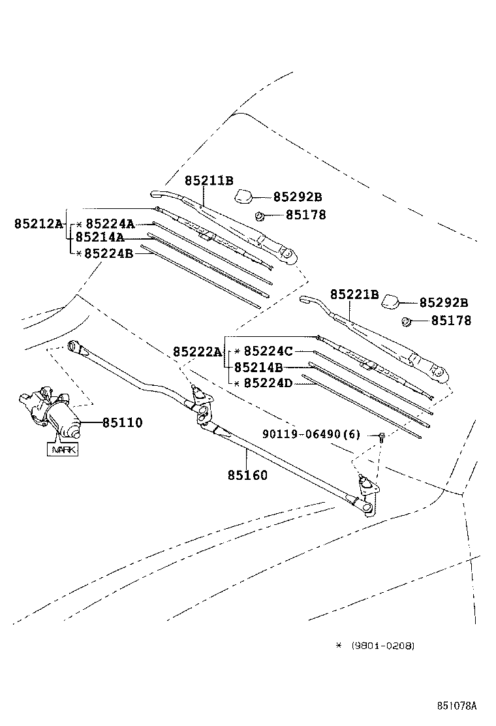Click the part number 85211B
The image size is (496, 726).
pos(208,181)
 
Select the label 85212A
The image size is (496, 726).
pos(38,224)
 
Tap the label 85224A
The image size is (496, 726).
pos(110,224)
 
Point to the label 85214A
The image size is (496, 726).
pos(100,238)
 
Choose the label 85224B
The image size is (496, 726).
pos(109,253)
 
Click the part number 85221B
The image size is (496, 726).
pos(354,294)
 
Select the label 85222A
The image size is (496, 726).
pos(197,352)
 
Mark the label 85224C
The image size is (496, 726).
pos(268,351)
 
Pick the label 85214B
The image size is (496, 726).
pos(258,368)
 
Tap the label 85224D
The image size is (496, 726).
pos(268,383)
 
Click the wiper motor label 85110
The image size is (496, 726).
pos(122,423)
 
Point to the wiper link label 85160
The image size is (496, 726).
pos(247,475)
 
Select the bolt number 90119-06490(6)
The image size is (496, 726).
pos(311,434)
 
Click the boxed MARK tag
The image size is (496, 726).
pos(62,449)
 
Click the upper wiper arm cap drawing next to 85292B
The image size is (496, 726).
pos(245,195)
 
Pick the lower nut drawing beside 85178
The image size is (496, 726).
pos(406,321)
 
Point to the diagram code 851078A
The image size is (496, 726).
pos(457,706)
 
